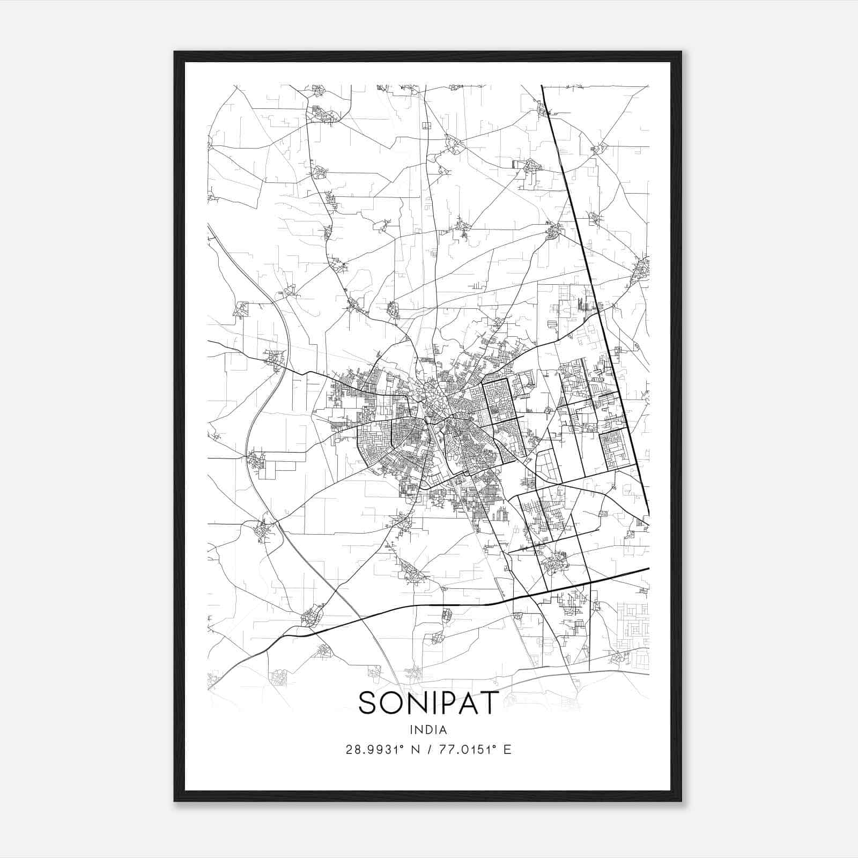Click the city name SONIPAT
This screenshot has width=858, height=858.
(428, 702)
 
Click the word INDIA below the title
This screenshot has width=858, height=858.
(428, 729)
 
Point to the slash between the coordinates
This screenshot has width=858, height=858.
(428, 750)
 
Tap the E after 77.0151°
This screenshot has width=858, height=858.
(507, 750)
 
